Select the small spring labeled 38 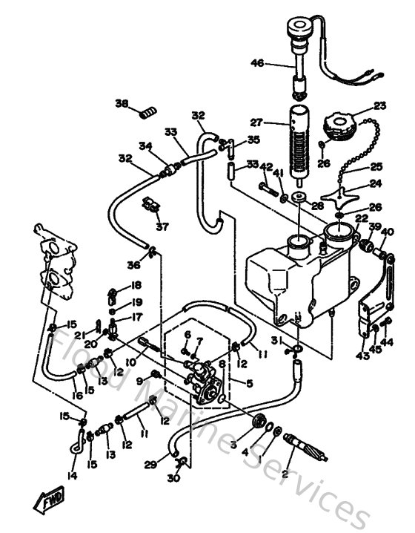[149, 112]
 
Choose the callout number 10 [130, 362]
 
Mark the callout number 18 [136, 284]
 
